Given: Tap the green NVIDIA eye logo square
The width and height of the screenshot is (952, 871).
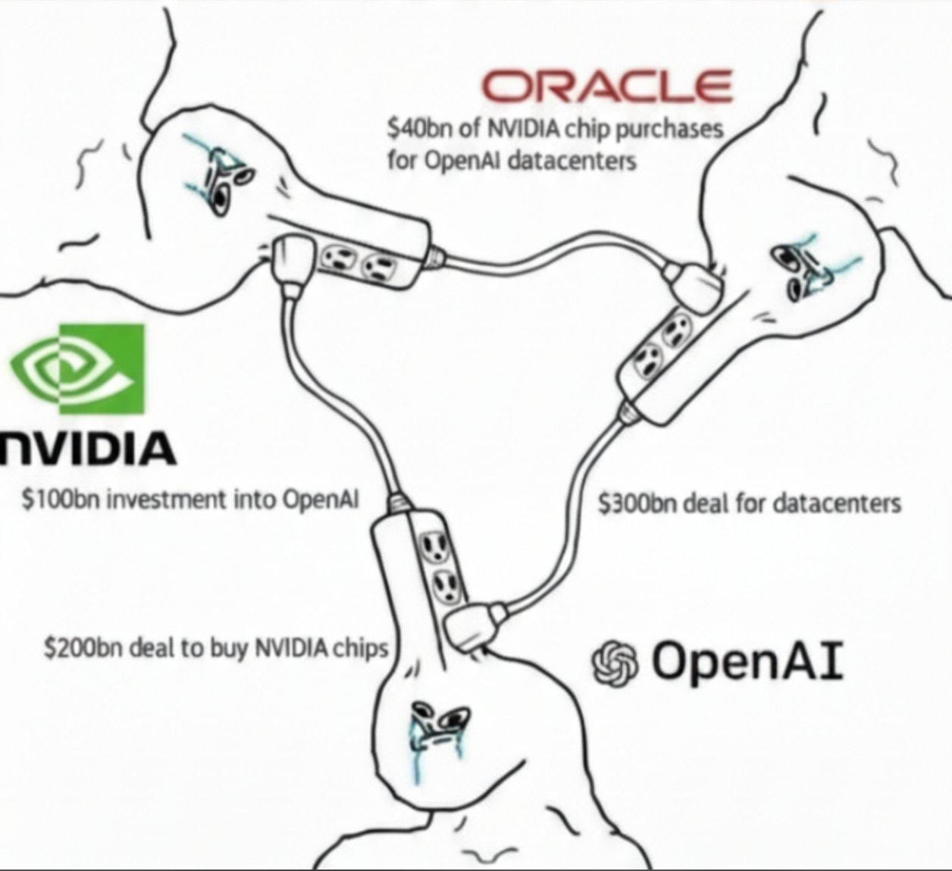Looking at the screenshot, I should click(79, 369).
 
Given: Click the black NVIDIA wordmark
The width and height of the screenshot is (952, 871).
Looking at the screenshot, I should click(87, 447).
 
